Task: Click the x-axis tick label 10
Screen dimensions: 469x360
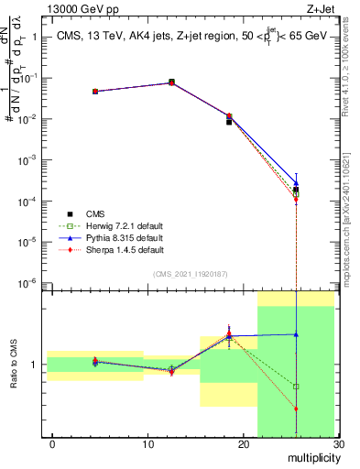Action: [147, 444]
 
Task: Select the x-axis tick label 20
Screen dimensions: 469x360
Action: [243, 444]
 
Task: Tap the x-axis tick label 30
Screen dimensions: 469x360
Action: [337, 444]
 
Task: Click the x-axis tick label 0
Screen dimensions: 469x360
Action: [52, 444]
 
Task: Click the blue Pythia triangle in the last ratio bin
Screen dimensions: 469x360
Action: [295, 334]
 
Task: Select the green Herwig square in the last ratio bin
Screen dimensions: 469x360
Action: [295, 387]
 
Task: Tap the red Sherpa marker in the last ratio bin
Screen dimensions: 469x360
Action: [295, 409]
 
